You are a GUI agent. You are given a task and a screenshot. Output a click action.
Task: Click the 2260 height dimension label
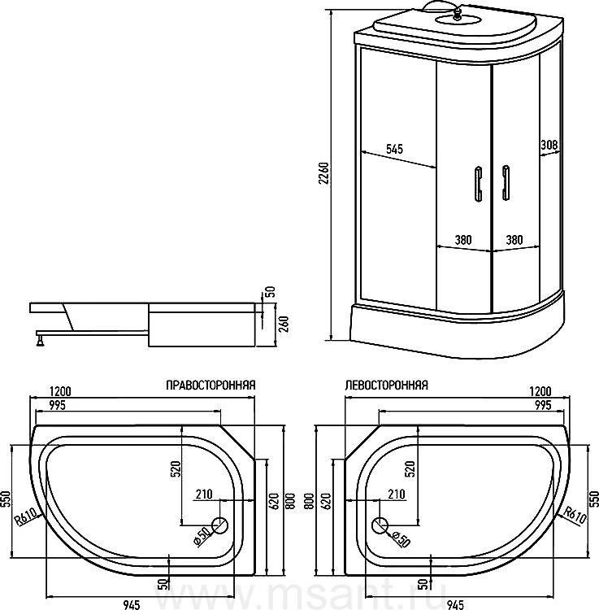click(x=323, y=174)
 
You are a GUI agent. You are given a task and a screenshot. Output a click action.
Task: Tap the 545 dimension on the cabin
click(x=394, y=149)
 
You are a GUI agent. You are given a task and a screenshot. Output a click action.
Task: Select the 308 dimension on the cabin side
click(x=548, y=146)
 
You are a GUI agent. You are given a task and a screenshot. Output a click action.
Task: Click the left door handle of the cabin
click(x=477, y=182)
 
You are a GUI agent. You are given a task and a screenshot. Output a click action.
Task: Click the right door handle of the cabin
click(x=506, y=182)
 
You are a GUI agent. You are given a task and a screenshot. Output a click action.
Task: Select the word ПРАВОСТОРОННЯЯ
click(x=211, y=386)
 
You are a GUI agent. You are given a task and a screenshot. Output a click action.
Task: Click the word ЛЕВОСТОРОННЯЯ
click(x=386, y=386)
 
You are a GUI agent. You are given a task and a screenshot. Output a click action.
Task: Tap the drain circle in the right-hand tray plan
click(x=220, y=525)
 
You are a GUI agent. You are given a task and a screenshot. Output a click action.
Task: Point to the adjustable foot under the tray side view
click(x=38, y=338)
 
